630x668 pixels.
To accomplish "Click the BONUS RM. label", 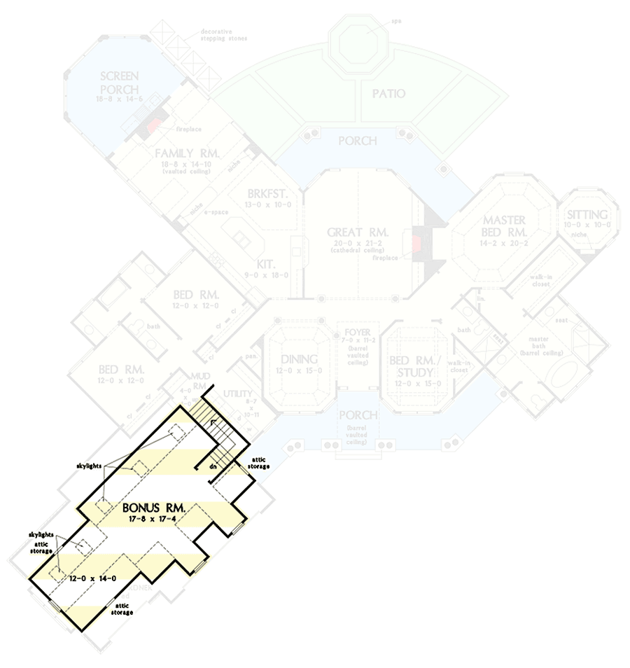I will [x=153, y=508].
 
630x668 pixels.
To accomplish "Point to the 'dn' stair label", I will [x=211, y=465].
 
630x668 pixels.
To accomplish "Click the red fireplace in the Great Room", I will [x=415, y=243].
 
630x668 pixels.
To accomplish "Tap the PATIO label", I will [x=388, y=94].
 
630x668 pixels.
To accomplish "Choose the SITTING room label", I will [x=588, y=215].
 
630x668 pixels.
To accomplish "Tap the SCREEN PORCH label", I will [x=119, y=82].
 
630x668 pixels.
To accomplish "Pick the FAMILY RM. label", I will [x=188, y=153].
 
